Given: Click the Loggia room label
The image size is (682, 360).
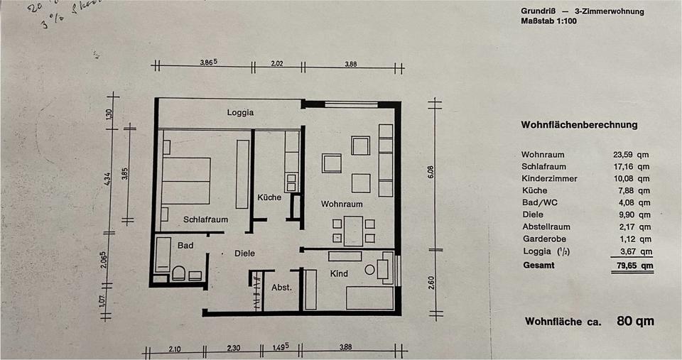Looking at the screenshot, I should [240, 112].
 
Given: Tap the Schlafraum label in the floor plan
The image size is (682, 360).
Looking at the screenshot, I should [205, 219].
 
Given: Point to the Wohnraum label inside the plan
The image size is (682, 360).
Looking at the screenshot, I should [342, 204].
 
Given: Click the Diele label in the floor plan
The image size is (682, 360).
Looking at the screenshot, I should [244, 253].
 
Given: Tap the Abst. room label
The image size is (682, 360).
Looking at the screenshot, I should [282, 288].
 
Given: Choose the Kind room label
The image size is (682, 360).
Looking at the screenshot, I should [339, 273].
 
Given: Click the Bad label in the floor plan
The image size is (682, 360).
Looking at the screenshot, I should [185, 245].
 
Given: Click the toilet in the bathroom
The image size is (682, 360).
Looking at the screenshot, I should [178, 273].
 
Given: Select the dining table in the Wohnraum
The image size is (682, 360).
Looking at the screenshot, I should [352, 231].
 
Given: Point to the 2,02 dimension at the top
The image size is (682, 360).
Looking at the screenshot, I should [277, 64].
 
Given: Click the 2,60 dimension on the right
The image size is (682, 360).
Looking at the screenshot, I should [430, 283].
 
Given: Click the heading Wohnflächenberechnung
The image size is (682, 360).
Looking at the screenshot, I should [579, 125].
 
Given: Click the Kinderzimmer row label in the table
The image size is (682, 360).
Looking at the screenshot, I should [549, 178].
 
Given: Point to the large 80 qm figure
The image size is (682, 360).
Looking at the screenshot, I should [635, 321].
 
